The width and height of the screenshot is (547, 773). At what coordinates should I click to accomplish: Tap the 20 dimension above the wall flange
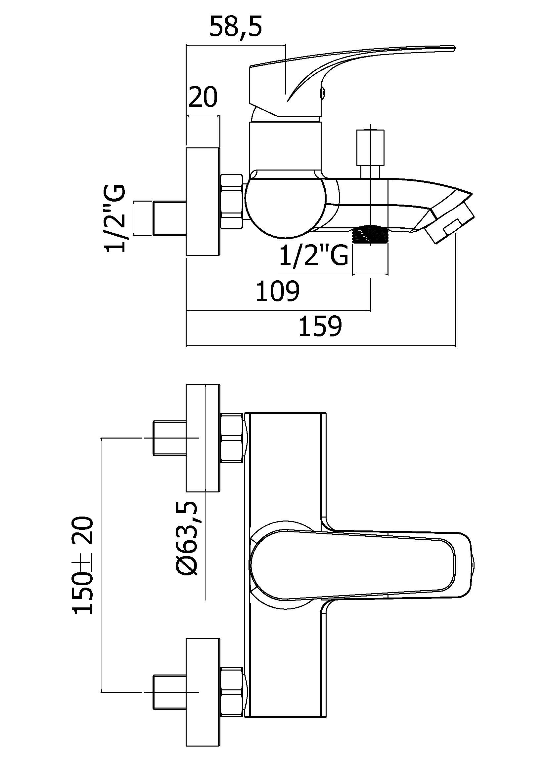(x=203, y=97)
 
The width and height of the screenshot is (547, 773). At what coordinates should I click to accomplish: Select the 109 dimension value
(x=278, y=291)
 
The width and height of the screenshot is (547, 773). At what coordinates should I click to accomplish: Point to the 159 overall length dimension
(x=320, y=326)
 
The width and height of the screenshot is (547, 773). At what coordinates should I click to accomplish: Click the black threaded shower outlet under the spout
(x=370, y=234)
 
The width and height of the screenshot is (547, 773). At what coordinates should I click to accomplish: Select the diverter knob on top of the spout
(x=370, y=155)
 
